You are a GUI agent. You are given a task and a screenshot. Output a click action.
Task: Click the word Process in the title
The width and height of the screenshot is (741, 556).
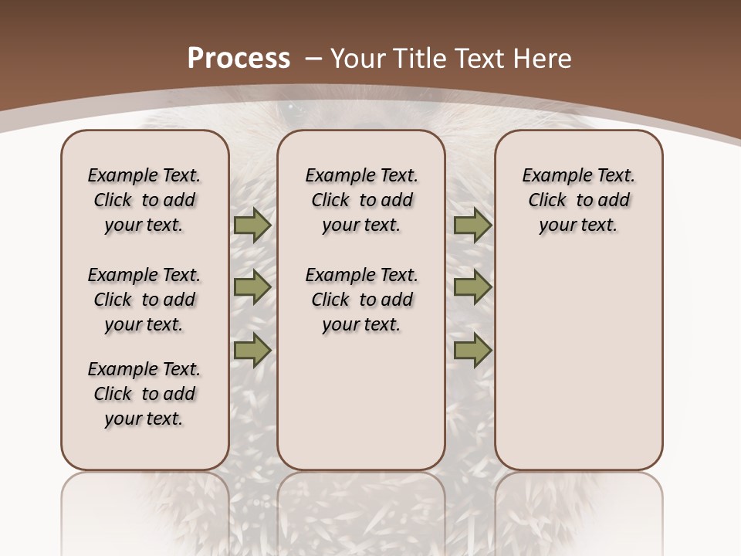[239, 58]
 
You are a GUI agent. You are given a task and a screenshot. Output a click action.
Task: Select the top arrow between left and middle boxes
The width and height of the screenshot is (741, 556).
[252, 225]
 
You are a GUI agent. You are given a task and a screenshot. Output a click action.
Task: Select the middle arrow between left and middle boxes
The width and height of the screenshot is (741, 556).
[252, 287]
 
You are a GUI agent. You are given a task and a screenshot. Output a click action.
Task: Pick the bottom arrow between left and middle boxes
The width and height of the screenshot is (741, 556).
[252, 350]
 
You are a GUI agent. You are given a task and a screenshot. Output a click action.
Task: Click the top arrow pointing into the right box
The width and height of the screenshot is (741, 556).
[472, 225]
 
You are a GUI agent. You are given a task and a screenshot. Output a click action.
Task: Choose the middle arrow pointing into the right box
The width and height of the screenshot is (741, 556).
[472, 287]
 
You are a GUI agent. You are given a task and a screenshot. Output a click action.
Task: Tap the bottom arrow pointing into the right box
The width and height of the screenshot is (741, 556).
[472, 350]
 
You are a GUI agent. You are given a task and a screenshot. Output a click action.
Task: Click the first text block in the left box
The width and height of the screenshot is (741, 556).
[144, 200]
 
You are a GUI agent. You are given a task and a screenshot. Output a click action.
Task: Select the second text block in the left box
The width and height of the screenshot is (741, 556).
[144, 300]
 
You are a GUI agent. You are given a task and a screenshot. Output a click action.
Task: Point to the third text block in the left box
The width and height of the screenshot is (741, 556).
[144, 394]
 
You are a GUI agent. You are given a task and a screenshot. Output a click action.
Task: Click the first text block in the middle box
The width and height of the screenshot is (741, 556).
[362, 200]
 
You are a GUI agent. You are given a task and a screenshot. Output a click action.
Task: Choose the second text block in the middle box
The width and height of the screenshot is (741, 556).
[362, 300]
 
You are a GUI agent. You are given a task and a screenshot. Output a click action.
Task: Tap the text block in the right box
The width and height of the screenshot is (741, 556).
[579, 200]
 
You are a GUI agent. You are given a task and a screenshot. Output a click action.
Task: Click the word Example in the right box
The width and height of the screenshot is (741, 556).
[552, 175]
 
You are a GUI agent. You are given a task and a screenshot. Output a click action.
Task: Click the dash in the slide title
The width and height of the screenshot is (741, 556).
[313, 58]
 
